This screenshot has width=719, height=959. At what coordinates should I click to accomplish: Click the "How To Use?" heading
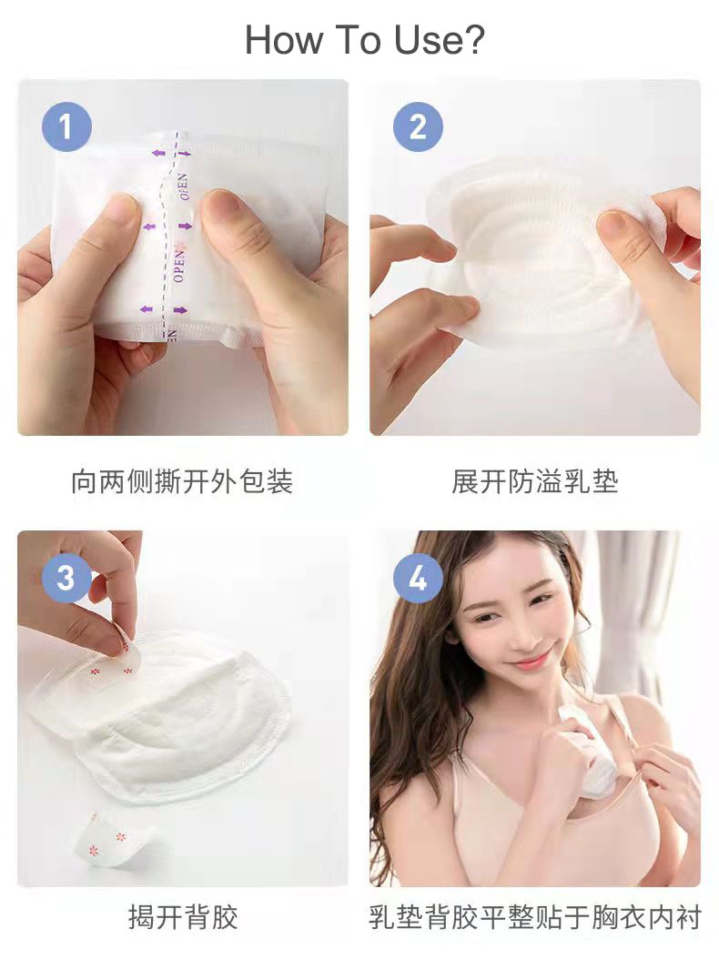364,40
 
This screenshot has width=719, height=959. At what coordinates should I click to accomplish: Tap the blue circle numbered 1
66,126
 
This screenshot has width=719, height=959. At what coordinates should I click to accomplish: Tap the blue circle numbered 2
418,126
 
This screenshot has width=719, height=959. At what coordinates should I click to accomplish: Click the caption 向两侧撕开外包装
182,481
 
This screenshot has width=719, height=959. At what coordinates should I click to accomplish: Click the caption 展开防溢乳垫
534,481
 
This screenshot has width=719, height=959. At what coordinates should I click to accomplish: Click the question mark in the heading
473,40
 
